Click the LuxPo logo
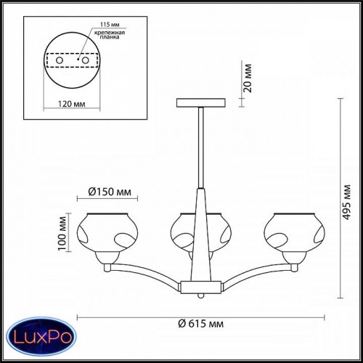(41, 337)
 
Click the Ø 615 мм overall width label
(201, 324)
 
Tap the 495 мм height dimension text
(346, 203)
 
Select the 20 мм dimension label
(248, 78)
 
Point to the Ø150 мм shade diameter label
(110, 192)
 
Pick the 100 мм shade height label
(62, 233)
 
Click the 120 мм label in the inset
(72, 104)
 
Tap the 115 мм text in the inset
(110, 25)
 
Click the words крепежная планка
(110, 35)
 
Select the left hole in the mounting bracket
(60, 60)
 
